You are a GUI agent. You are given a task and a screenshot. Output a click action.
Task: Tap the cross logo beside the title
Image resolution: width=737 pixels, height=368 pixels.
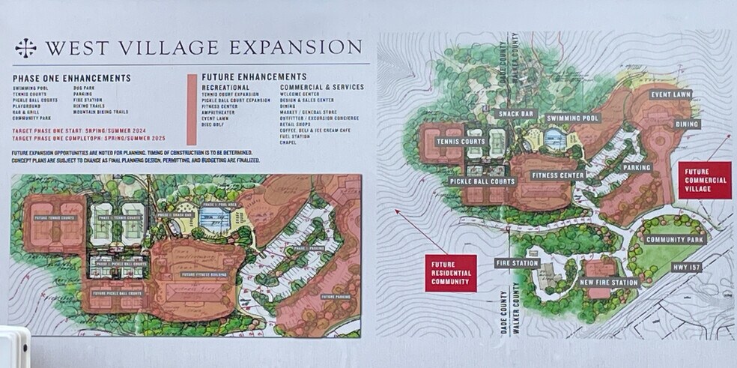(x=26, y=47)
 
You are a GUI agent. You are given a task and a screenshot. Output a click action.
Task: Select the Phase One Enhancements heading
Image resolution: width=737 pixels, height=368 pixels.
(x=72, y=78)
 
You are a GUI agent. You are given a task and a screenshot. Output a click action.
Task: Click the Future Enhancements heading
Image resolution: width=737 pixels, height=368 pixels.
(x=254, y=76)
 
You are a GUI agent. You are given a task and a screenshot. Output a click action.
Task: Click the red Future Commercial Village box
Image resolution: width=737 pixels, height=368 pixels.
(x=706, y=180)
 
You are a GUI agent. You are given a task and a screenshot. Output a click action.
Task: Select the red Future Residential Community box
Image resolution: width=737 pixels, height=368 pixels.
(x=451, y=274)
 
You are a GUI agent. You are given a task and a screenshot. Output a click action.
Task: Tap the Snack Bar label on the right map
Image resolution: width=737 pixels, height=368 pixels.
(x=516, y=114)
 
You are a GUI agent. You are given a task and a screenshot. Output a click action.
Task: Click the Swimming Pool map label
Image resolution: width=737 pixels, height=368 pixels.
(x=573, y=118)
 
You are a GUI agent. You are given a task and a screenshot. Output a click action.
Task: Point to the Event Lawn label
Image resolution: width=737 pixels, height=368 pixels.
(x=670, y=94)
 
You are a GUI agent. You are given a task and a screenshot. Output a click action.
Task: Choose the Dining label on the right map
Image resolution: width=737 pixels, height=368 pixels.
(x=686, y=124)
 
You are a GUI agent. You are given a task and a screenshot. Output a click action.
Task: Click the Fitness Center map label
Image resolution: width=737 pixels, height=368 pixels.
(x=558, y=175)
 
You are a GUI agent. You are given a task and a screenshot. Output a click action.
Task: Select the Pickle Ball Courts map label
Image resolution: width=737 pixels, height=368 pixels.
(x=482, y=181)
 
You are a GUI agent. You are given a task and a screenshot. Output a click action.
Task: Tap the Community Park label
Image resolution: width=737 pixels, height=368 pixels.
(x=676, y=240)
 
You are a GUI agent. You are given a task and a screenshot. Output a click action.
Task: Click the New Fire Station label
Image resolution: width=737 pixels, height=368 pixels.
(x=609, y=283)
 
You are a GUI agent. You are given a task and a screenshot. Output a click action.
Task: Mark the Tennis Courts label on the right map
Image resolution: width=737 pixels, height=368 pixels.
(x=461, y=142)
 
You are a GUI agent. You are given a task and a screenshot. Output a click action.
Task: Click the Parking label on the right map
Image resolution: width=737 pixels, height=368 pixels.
(x=637, y=167)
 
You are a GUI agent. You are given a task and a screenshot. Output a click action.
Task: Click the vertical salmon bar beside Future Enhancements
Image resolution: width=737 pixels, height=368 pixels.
(x=192, y=109)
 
